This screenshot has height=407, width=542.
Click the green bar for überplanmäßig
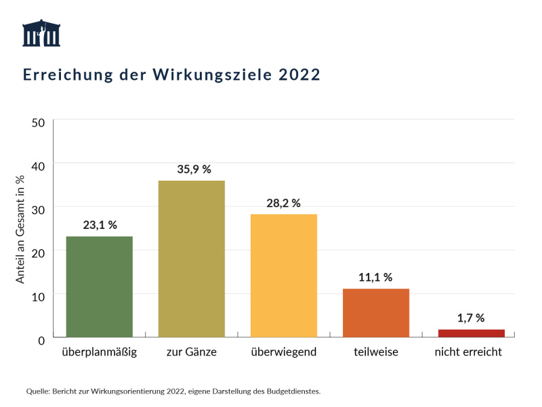[x=99, y=286]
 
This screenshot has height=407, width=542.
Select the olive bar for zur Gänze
[x=191, y=259]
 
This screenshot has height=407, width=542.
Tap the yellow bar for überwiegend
[x=283, y=276]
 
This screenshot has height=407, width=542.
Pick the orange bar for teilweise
[x=375, y=313]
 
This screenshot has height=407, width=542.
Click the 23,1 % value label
[x=100, y=226]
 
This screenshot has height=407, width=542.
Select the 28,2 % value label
[x=283, y=202]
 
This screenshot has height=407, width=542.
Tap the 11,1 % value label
[x=375, y=277]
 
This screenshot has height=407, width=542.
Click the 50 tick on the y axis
[x=38, y=122]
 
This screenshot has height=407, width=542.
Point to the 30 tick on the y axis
[x=38, y=209]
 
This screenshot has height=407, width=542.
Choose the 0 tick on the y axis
[x=41, y=339]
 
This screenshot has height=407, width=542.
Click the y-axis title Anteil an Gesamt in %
[x=20, y=228]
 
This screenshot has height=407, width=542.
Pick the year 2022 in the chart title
[x=299, y=74]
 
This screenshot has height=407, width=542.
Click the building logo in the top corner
[x=41, y=33]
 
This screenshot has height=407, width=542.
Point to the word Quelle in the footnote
[x=39, y=391]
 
